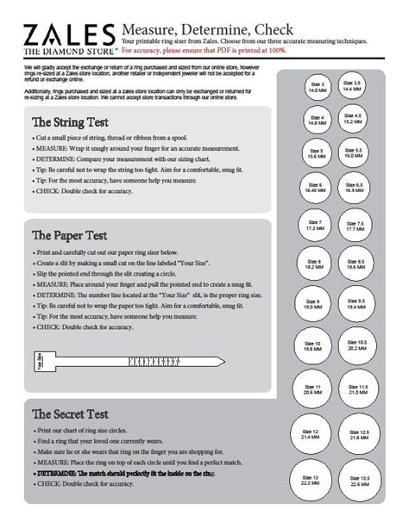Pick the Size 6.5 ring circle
[353, 189]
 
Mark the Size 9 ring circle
[315, 305]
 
